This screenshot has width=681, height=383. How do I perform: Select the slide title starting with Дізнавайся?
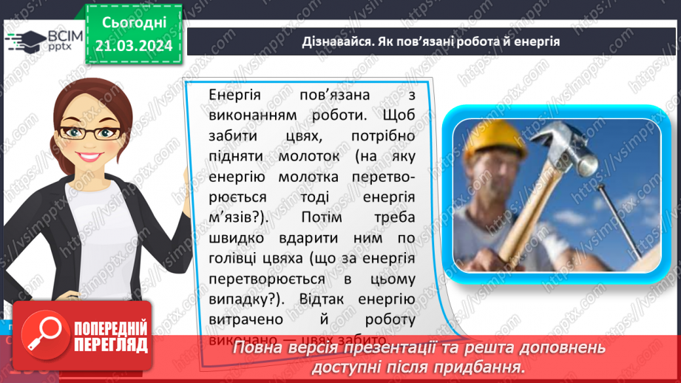click(x=430, y=42)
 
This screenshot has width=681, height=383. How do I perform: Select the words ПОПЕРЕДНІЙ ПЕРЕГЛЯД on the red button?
click(x=111, y=336)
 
